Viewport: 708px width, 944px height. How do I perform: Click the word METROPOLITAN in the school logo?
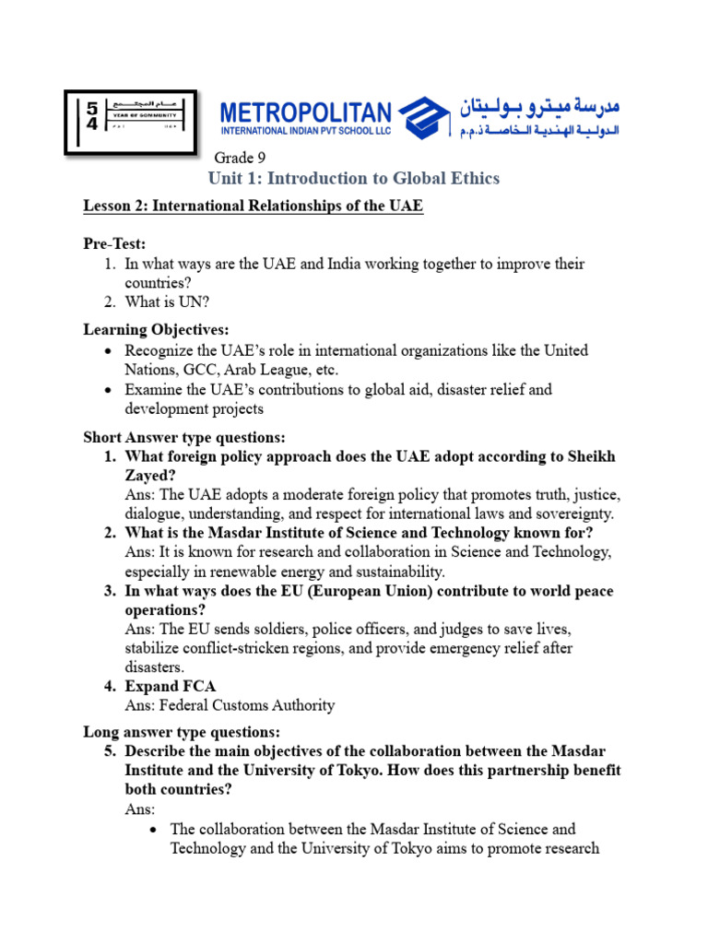coord(305,112)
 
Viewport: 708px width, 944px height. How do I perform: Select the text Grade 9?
coord(241,158)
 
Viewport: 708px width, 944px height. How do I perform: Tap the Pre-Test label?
coord(115,243)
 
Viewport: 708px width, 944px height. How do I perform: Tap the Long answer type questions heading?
coord(182,733)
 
